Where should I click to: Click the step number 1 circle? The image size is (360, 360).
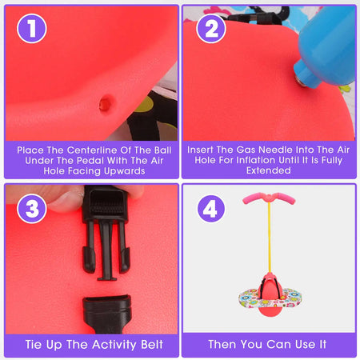tap(32, 28)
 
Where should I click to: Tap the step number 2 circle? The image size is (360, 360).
tap(211, 28)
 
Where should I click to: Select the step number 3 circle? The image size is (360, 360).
tap(32, 208)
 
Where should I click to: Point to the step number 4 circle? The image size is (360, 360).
tap(211, 208)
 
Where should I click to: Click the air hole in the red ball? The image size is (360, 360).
tap(106, 103)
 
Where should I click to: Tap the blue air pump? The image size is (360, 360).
tap(326, 46)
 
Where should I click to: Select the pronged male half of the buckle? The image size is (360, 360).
tap(106, 233)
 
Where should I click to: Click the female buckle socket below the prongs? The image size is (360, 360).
tap(107, 314)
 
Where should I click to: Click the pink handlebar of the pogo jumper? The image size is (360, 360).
tap(269, 198)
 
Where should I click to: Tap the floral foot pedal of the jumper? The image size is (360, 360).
tap(270, 298)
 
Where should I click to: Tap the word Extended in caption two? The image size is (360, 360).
tap(269, 170)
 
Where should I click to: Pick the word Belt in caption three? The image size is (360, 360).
tap(152, 345)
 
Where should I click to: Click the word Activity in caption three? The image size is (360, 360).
tap(114, 345)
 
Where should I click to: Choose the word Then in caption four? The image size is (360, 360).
tap(223, 344)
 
